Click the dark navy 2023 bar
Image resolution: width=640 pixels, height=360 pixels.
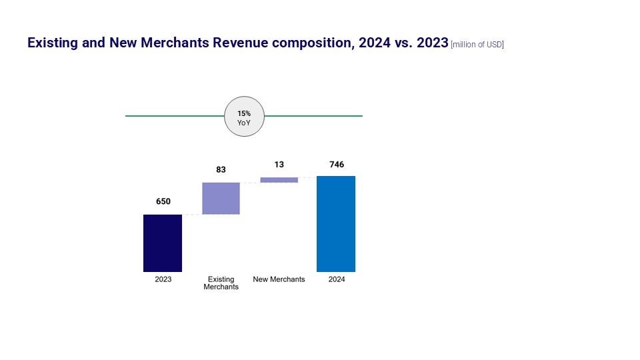163,243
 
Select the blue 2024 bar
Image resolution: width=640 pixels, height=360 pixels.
336,223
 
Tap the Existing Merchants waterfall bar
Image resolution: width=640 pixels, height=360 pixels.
221,198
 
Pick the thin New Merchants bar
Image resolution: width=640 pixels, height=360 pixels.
279,179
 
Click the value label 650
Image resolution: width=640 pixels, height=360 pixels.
163,201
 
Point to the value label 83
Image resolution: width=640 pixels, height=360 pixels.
221,170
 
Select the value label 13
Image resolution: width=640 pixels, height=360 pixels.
279,164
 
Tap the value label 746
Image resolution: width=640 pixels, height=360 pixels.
336,164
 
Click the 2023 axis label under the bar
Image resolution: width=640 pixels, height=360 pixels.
163,279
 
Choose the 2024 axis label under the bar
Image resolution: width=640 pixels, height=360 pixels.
337,279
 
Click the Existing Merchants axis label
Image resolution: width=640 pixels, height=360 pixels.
221,283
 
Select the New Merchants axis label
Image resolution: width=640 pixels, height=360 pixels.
279,279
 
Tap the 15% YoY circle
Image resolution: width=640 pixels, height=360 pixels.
244,116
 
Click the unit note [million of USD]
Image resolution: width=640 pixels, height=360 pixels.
477,45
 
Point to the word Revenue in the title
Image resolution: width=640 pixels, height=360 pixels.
241,43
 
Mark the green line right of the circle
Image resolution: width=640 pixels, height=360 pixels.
313,116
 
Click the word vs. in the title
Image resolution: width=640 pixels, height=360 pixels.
402,43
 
